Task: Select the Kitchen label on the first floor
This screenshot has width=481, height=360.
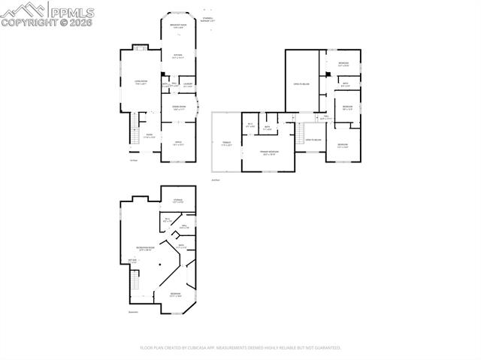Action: click(x=177, y=56)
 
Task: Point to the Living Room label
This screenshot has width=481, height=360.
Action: click(x=140, y=82)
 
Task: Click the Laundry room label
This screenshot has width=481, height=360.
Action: click(x=189, y=84)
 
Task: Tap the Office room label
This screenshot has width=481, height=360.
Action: click(x=178, y=143)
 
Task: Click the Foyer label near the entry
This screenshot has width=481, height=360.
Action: click(x=149, y=136)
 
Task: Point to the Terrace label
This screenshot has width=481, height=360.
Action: click(x=225, y=144)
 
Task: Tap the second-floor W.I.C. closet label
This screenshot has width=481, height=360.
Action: click(x=250, y=125)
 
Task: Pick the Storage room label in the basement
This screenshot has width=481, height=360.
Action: click(x=177, y=201)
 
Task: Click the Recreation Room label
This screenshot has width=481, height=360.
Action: click(x=145, y=248)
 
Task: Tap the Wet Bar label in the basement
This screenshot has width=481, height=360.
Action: click(x=132, y=261)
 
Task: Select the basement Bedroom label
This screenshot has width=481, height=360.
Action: click(x=174, y=294)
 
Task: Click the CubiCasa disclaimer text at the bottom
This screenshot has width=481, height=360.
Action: click(x=240, y=348)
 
